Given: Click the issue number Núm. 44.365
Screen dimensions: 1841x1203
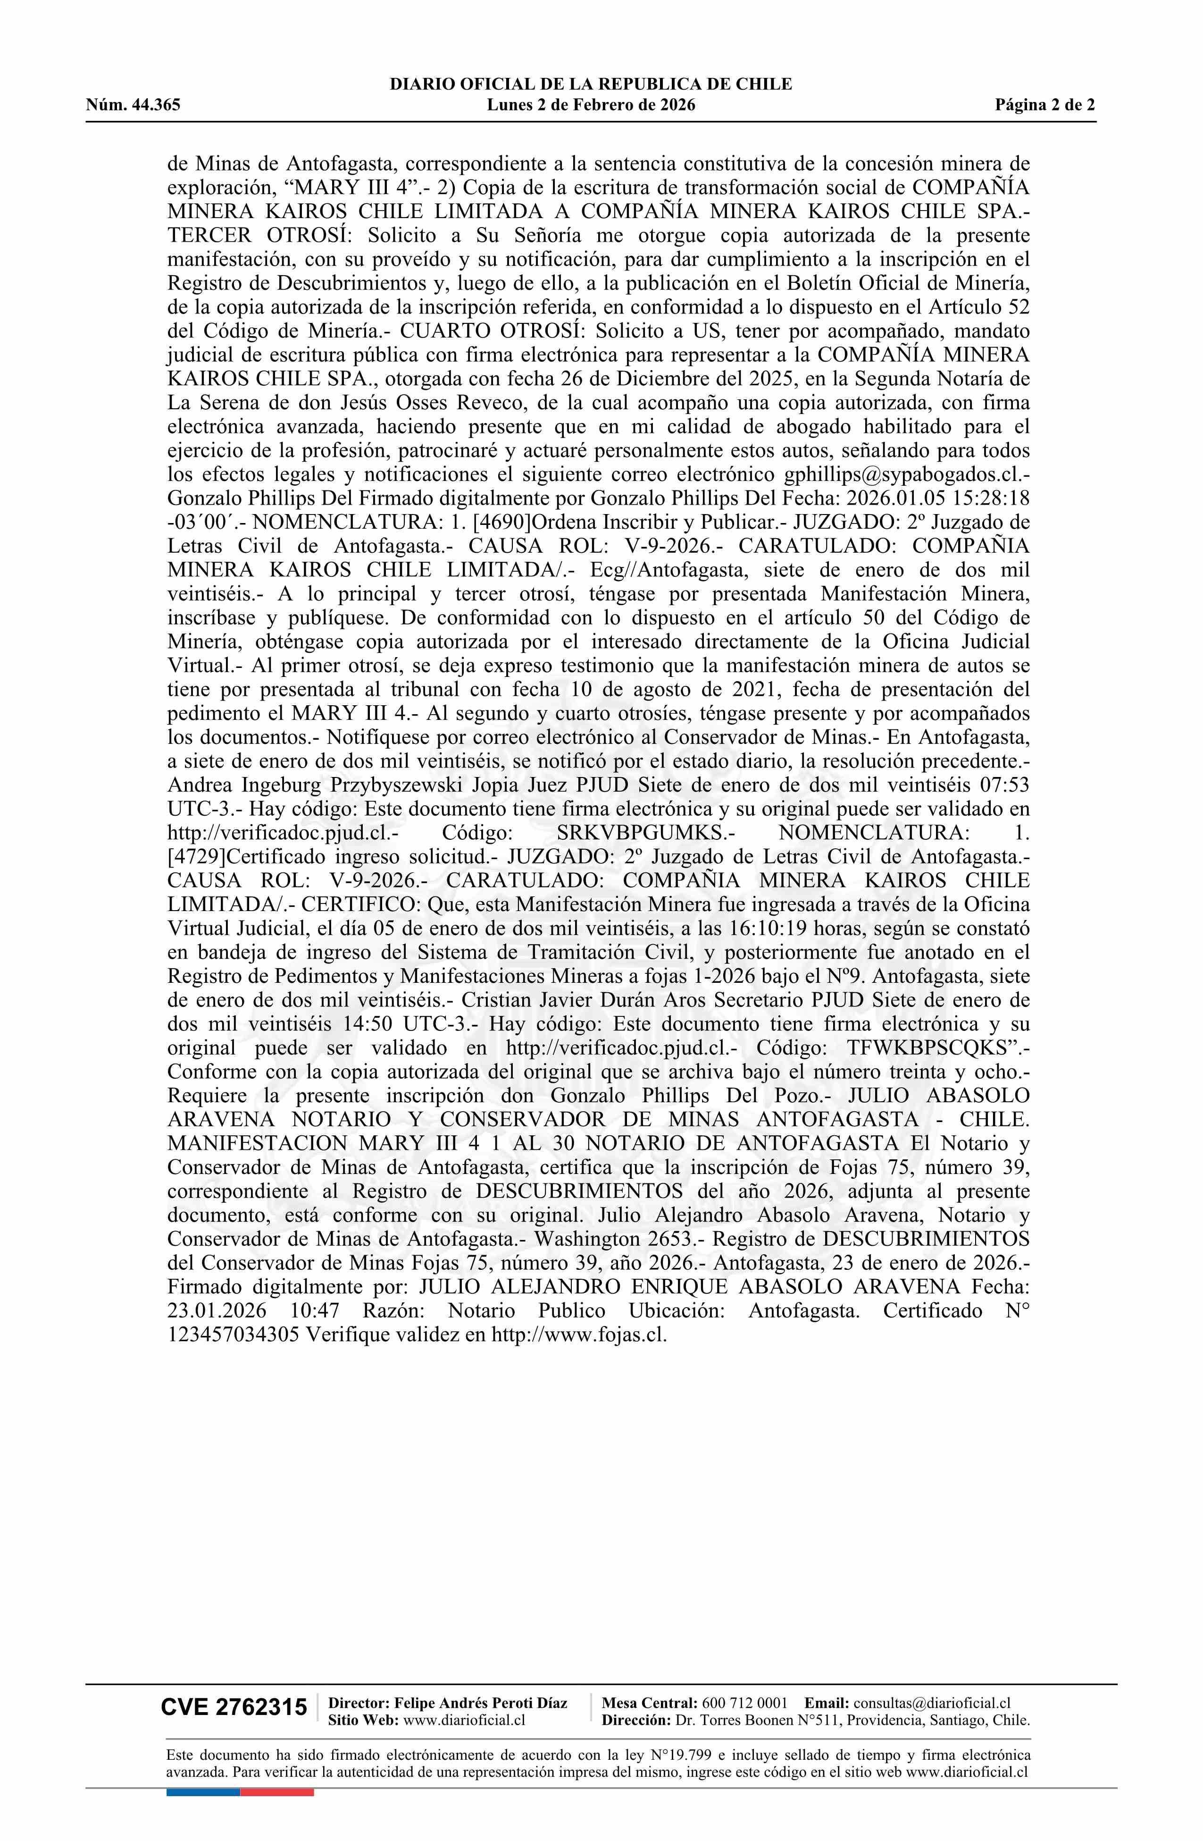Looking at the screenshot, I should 133,105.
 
